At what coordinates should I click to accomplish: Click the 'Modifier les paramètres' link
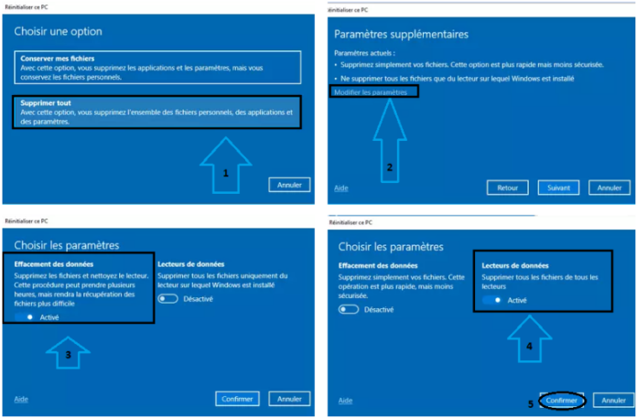point(370,92)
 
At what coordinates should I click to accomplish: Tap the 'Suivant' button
point(558,188)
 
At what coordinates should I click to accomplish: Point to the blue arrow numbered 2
point(391,137)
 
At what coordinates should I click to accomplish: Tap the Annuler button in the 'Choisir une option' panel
point(289,185)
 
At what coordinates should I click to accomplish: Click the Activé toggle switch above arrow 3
point(25,316)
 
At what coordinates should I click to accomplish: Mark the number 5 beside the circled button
point(530,402)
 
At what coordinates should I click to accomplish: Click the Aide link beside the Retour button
point(340,188)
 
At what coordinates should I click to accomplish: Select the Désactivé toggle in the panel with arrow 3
point(167,298)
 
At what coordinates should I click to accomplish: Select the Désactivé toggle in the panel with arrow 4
point(349,309)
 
